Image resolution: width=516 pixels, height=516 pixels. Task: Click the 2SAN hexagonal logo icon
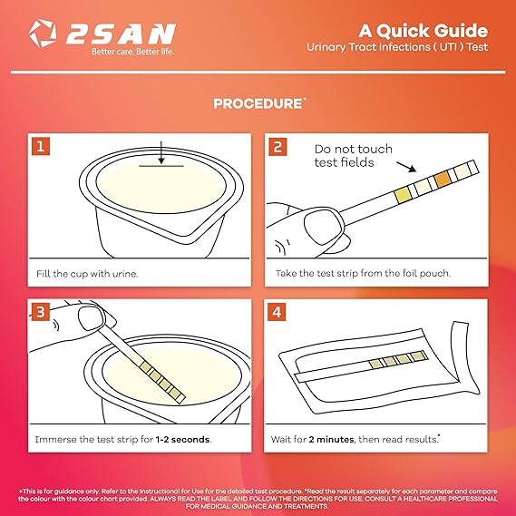pyautogui.click(x=43, y=33)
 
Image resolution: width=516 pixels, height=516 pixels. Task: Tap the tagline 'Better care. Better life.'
pyautogui.click(x=132, y=52)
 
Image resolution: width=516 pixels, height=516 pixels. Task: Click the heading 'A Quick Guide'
pyautogui.click(x=423, y=31)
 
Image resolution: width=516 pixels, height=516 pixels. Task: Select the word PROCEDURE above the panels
pyautogui.click(x=258, y=103)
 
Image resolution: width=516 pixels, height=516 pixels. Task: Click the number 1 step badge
pyautogui.click(x=41, y=146)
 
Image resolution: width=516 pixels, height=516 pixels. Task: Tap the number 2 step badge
pyautogui.click(x=277, y=147)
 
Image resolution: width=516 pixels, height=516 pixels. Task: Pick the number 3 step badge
pyautogui.click(x=41, y=312)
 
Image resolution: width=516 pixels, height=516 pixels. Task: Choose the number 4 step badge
pyautogui.click(x=277, y=312)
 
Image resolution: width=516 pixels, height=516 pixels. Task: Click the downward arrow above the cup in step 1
pyautogui.click(x=161, y=152)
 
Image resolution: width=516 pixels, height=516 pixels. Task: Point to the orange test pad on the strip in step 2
pyautogui.click(x=443, y=179)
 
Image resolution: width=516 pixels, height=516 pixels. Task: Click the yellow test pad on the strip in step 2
pyautogui.click(x=402, y=195)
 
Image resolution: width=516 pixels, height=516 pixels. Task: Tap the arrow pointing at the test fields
pyautogui.click(x=406, y=167)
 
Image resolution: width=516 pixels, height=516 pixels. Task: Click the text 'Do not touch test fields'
pyautogui.click(x=353, y=156)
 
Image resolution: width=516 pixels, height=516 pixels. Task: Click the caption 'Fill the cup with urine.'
pyautogui.click(x=87, y=274)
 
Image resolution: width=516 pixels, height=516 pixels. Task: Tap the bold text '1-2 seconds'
pyautogui.click(x=182, y=439)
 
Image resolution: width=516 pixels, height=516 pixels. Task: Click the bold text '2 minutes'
pyautogui.click(x=331, y=439)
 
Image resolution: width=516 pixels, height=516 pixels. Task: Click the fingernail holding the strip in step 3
pyautogui.click(x=92, y=317)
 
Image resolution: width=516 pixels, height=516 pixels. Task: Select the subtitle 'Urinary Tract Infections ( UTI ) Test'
pyautogui.click(x=397, y=47)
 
